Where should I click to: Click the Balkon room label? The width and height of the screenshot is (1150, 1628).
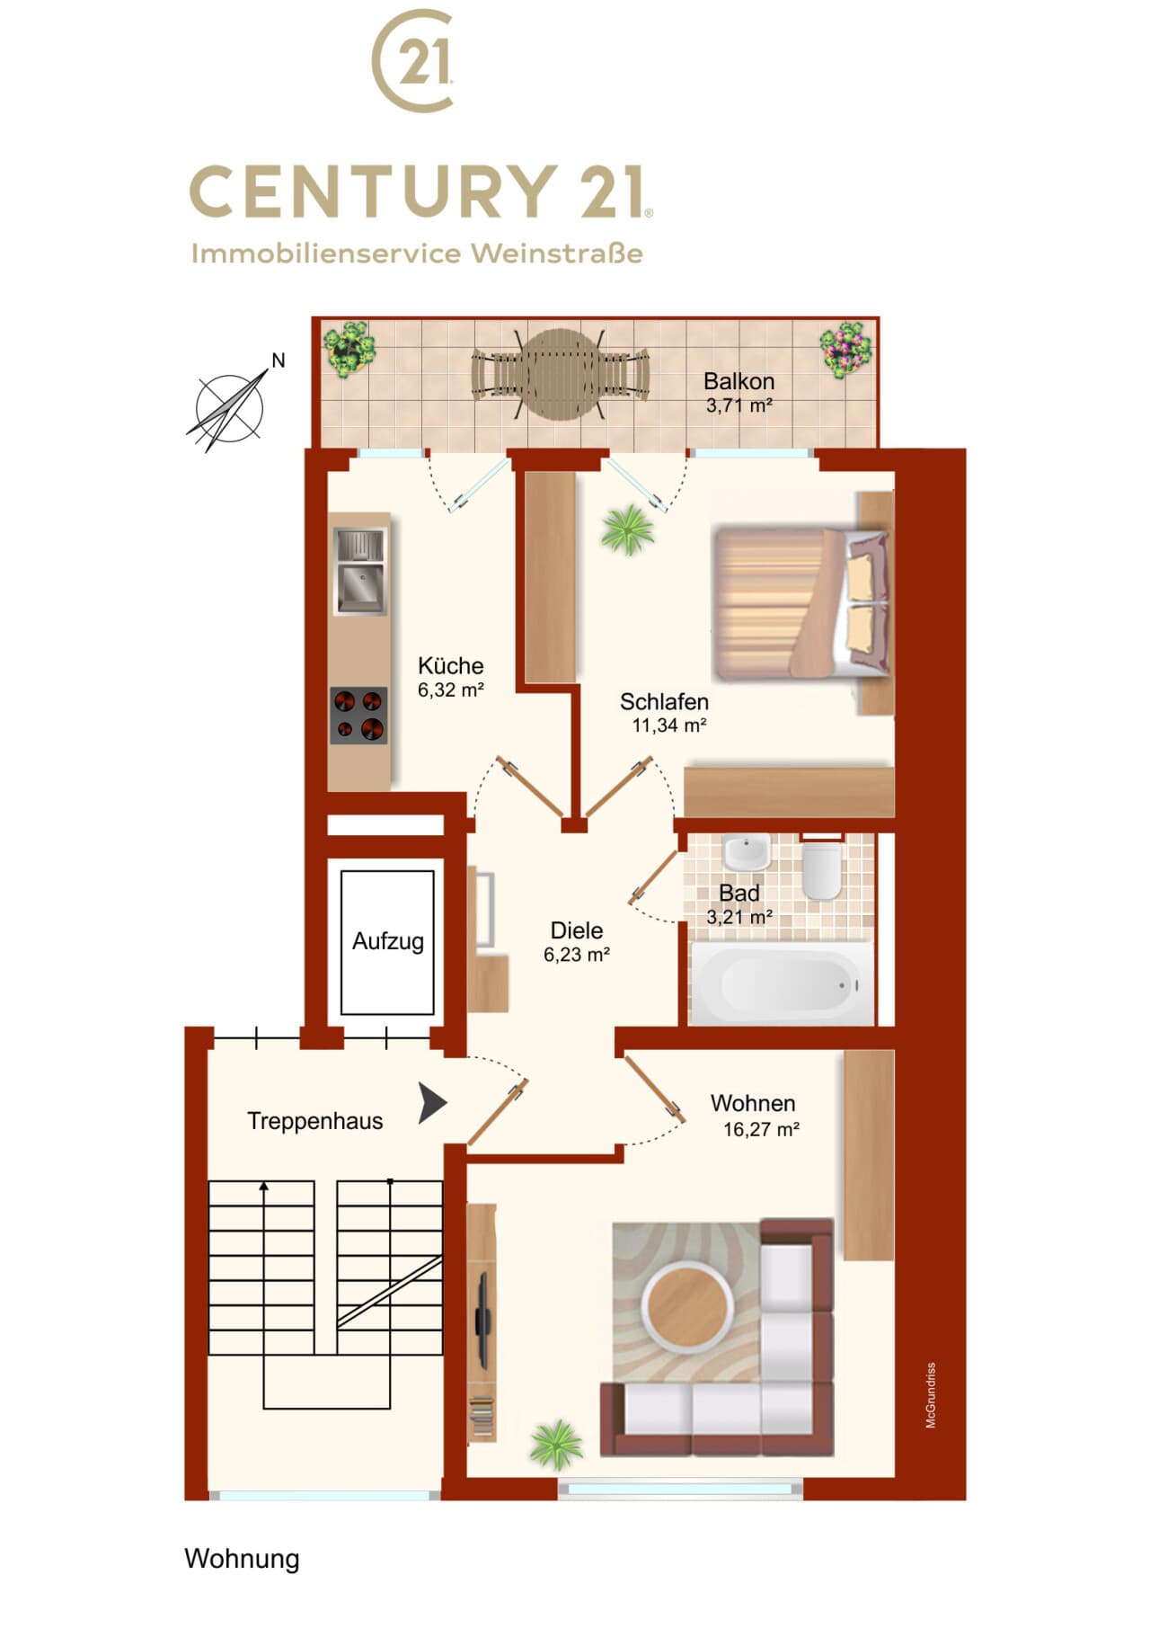click(739, 381)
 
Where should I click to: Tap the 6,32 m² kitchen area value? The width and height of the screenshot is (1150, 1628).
click(451, 690)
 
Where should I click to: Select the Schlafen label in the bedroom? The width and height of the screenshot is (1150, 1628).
click(664, 702)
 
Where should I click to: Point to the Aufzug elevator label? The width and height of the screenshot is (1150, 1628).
click(388, 941)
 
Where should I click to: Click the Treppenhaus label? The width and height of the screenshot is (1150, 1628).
click(315, 1121)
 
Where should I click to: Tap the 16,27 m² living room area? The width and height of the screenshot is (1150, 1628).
click(761, 1130)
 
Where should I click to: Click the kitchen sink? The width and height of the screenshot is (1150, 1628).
click(360, 571)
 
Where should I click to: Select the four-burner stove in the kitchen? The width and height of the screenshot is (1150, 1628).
click(358, 716)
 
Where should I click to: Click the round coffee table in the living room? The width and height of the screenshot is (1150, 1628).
click(687, 1304)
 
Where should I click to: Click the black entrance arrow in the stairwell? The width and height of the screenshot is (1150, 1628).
click(432, 1103)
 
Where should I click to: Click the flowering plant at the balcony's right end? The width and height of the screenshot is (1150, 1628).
click(845, 350)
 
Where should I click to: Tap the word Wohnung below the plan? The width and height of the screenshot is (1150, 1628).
click(242, 1559)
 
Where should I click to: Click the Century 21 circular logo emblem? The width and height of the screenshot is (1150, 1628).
click(412, 60)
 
